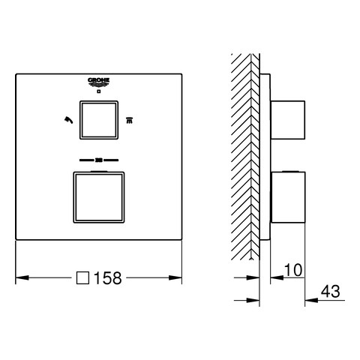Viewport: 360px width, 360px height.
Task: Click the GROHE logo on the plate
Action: tap(98, 82)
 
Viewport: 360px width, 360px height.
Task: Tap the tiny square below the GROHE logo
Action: tap(99, 91)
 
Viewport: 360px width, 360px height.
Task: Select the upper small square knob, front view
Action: tap(99, 120)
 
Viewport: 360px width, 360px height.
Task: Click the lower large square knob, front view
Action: tap(99, 197)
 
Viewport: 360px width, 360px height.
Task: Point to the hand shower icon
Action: tap(68, 120)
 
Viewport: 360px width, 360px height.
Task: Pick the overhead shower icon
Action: tap(129, 120)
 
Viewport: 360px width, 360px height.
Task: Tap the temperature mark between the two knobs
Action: tap(99, 160)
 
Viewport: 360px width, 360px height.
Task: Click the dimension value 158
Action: tap(108, 277)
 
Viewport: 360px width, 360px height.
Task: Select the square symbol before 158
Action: tap(82, 277)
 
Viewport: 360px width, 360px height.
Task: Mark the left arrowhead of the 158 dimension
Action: tap(22, 277)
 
